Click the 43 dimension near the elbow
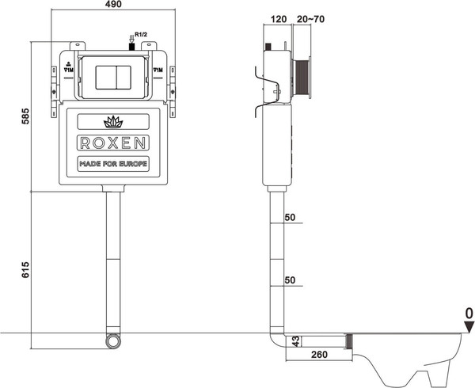click(294, 341)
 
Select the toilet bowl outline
click(412, 356)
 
